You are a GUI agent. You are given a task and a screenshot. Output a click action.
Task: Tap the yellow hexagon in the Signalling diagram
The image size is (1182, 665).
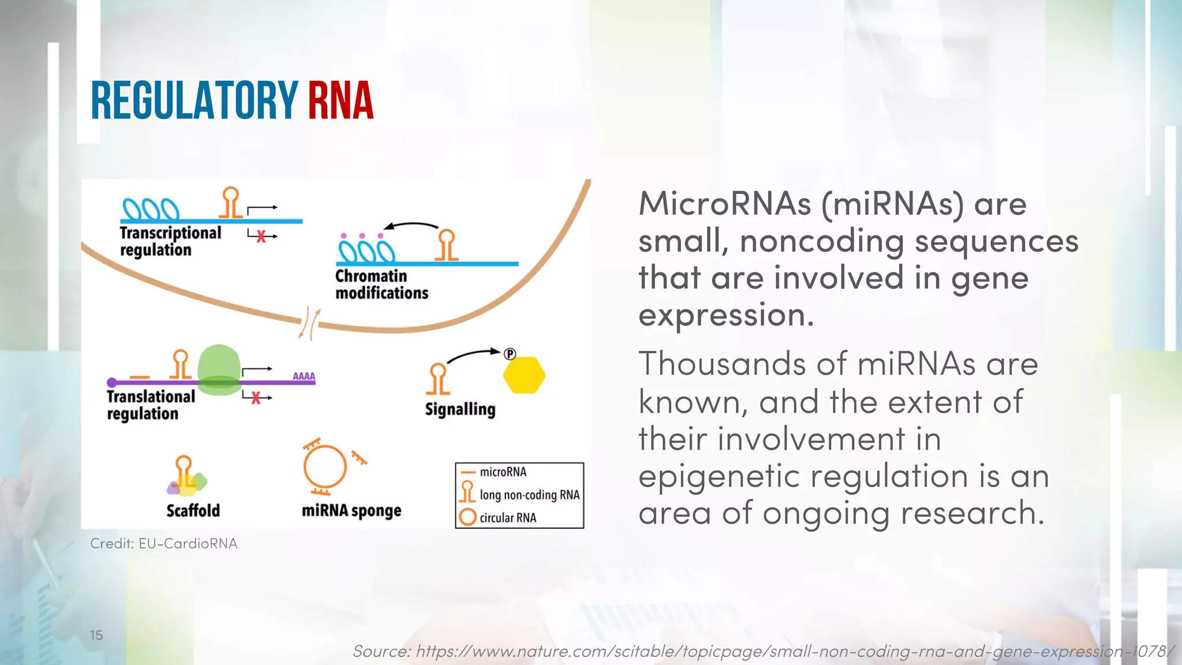click(524, 375)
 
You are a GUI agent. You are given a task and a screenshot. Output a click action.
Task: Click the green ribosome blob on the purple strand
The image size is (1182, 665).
click(219, 369)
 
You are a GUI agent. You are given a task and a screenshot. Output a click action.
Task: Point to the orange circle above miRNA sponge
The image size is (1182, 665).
click(325, 466)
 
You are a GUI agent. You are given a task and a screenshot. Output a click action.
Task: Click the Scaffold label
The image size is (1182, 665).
click(193, 511)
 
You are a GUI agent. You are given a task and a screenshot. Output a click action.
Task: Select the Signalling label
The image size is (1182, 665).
click(460, 409)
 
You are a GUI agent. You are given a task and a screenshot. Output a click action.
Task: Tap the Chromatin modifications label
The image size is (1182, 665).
click(381, 285)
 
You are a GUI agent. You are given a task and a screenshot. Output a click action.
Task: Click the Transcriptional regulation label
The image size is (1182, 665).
click(170, 241)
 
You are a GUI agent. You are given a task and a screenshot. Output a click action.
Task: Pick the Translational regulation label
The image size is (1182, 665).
click(151, 405)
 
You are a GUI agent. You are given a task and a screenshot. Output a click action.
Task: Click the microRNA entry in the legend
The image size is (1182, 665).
click(503, 472)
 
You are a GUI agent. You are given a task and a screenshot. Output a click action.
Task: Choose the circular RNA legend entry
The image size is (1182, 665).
click(507, 518)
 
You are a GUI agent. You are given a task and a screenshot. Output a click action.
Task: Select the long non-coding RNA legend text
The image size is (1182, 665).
click(529, 495)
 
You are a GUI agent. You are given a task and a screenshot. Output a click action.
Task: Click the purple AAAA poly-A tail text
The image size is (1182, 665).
click(304, 376)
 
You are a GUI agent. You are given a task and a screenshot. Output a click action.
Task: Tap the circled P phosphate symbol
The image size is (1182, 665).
click(510, 354)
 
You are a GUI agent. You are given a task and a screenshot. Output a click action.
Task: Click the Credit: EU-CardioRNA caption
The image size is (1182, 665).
click(164, 544)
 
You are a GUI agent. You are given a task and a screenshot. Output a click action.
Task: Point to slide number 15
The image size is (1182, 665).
click(96, 635)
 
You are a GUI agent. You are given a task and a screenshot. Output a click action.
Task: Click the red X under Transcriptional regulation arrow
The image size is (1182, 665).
click(261, 236)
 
